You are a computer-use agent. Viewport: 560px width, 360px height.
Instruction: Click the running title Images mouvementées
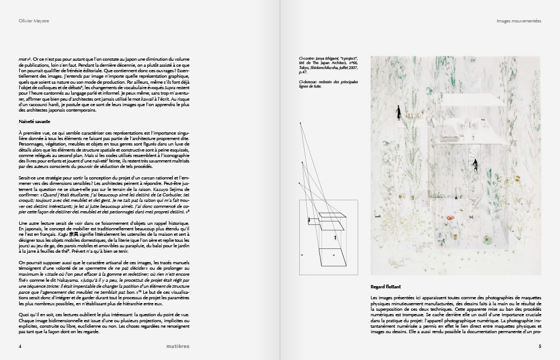coord(518,21)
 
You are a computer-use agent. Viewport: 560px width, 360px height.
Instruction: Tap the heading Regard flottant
coord(386,287)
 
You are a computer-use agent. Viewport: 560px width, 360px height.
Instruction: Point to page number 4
coord(20,346)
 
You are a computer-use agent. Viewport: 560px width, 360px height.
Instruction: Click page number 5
coord(539,346)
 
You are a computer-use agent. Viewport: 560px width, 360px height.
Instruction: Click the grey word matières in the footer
coord(178,346)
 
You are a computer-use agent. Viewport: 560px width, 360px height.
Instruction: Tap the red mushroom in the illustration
coord(450,218)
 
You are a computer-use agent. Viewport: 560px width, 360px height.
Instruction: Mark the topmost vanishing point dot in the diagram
coord(300,124)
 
